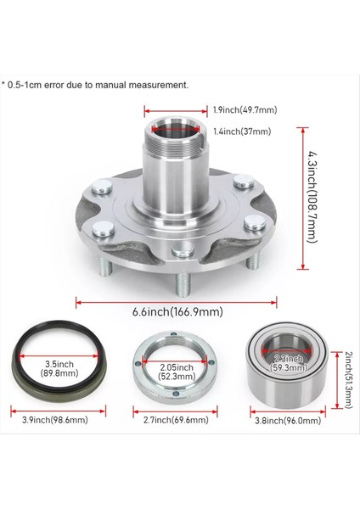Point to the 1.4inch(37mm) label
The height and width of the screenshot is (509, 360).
coord(242,131)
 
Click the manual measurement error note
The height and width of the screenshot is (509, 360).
coord(96,85)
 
